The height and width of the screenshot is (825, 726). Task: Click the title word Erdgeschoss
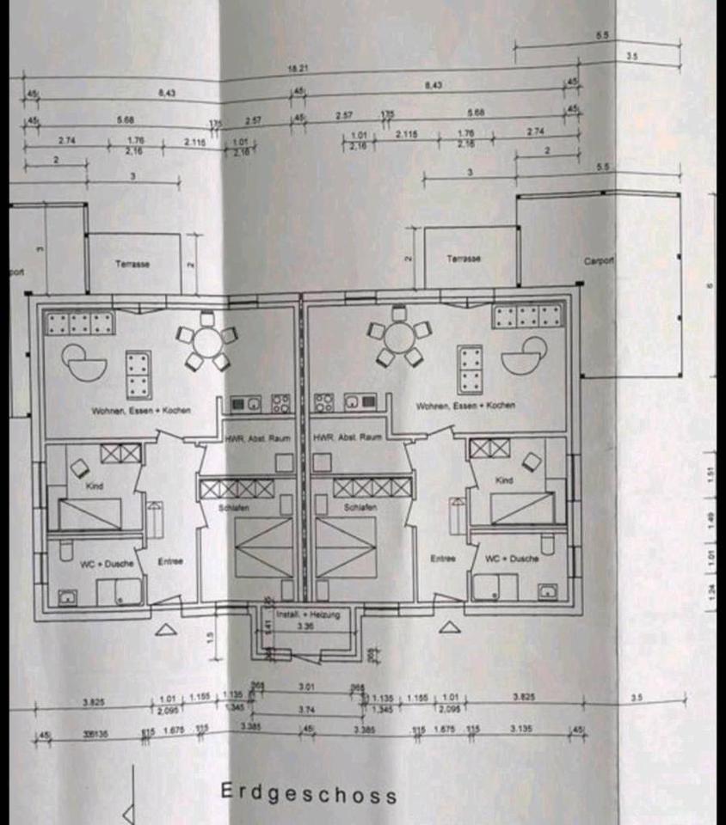point(309,792)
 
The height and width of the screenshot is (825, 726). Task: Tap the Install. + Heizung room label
point(308,614)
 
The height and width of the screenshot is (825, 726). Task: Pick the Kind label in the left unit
point(95,486)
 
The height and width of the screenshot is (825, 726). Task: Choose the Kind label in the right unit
point(504,481)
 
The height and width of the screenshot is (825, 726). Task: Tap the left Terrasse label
point(132,264)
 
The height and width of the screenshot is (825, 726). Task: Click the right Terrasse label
point(464,259)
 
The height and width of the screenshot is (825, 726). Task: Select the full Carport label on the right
point(600,260)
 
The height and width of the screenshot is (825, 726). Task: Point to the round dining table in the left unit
point(207,342)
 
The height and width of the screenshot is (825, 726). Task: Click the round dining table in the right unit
point(398,336)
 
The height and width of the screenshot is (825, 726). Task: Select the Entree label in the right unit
point(442,559)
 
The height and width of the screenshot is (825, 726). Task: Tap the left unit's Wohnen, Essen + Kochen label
point(141,411)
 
